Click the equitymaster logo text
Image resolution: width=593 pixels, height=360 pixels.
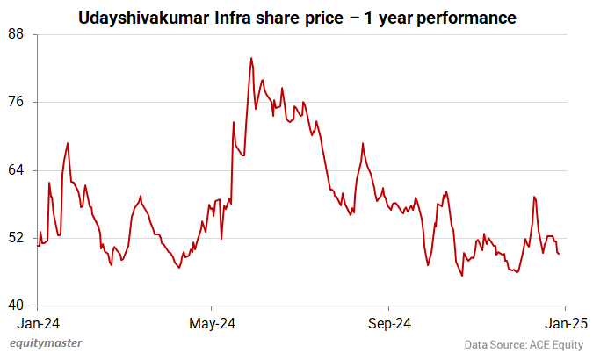[52, 344]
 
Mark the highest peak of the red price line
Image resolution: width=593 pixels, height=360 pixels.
[251, 59]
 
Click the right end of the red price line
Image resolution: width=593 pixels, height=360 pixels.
[560, 254]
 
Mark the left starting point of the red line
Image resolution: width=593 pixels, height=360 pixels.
[38, 246]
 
